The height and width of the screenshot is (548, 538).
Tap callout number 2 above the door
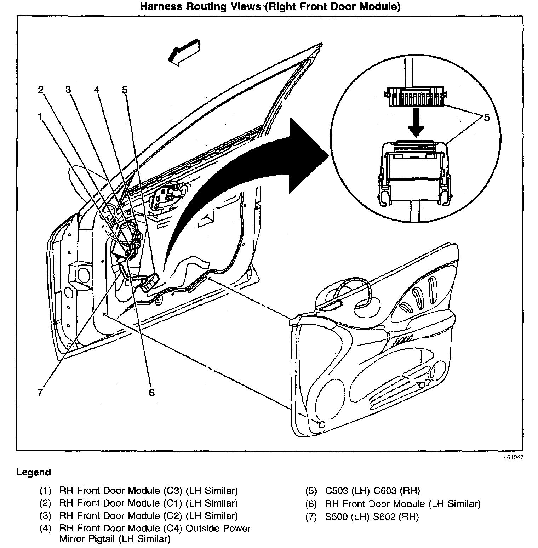[x=41, y=90]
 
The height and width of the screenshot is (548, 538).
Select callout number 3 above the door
[x=68, y=90]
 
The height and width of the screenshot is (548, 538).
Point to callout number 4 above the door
[x=97, y=90]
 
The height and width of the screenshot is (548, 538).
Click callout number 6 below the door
[x=151, y=392]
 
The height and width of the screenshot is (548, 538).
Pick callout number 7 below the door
[x=40, y=392]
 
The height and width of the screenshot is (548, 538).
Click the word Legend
[x=34, y=472]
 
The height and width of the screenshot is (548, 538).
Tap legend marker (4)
[x=45, y=528]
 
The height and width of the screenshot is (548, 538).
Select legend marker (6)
[x=311, y=504]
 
